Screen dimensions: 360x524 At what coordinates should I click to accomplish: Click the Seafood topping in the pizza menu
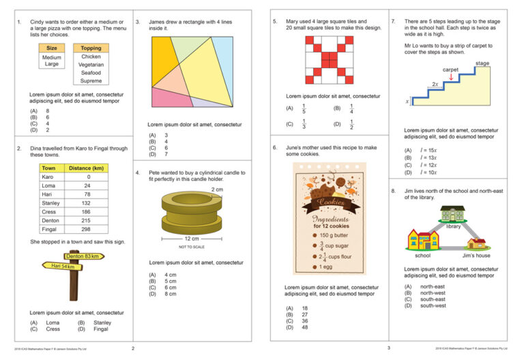pyautogui.click(x=91, y=73)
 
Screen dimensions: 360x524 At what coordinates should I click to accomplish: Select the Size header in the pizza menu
pyautogui.click(x=52, y=48)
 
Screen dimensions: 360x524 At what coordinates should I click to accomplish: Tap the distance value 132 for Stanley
pyautogui.click(x=87, y=203)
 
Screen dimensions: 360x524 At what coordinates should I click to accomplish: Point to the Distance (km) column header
pyautogui.click(x=85, y=168)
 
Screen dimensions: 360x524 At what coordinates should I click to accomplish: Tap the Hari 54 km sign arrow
pyautogui.click(x=61, y=267)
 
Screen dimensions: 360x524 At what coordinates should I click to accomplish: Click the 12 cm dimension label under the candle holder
pyautogui.click(x=192, y=239)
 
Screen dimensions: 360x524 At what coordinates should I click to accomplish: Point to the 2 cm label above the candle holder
pyautogui.click(x=217, y=189)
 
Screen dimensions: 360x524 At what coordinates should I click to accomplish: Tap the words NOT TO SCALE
pyautogui.click(x=192, y=247)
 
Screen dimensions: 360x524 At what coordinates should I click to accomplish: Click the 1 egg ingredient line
pyautogui.click(x=325, y=267)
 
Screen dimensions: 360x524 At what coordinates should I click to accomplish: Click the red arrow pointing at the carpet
pyautogui.click(x=450, y=77)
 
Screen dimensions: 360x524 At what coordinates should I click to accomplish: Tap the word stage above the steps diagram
pyautogui.click(x=482, y=63)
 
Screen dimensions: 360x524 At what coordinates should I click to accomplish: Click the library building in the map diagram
pyautogui.click(x=453, y=214)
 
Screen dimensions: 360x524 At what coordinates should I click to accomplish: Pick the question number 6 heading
pyautogui.click(x=274, y=147)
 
